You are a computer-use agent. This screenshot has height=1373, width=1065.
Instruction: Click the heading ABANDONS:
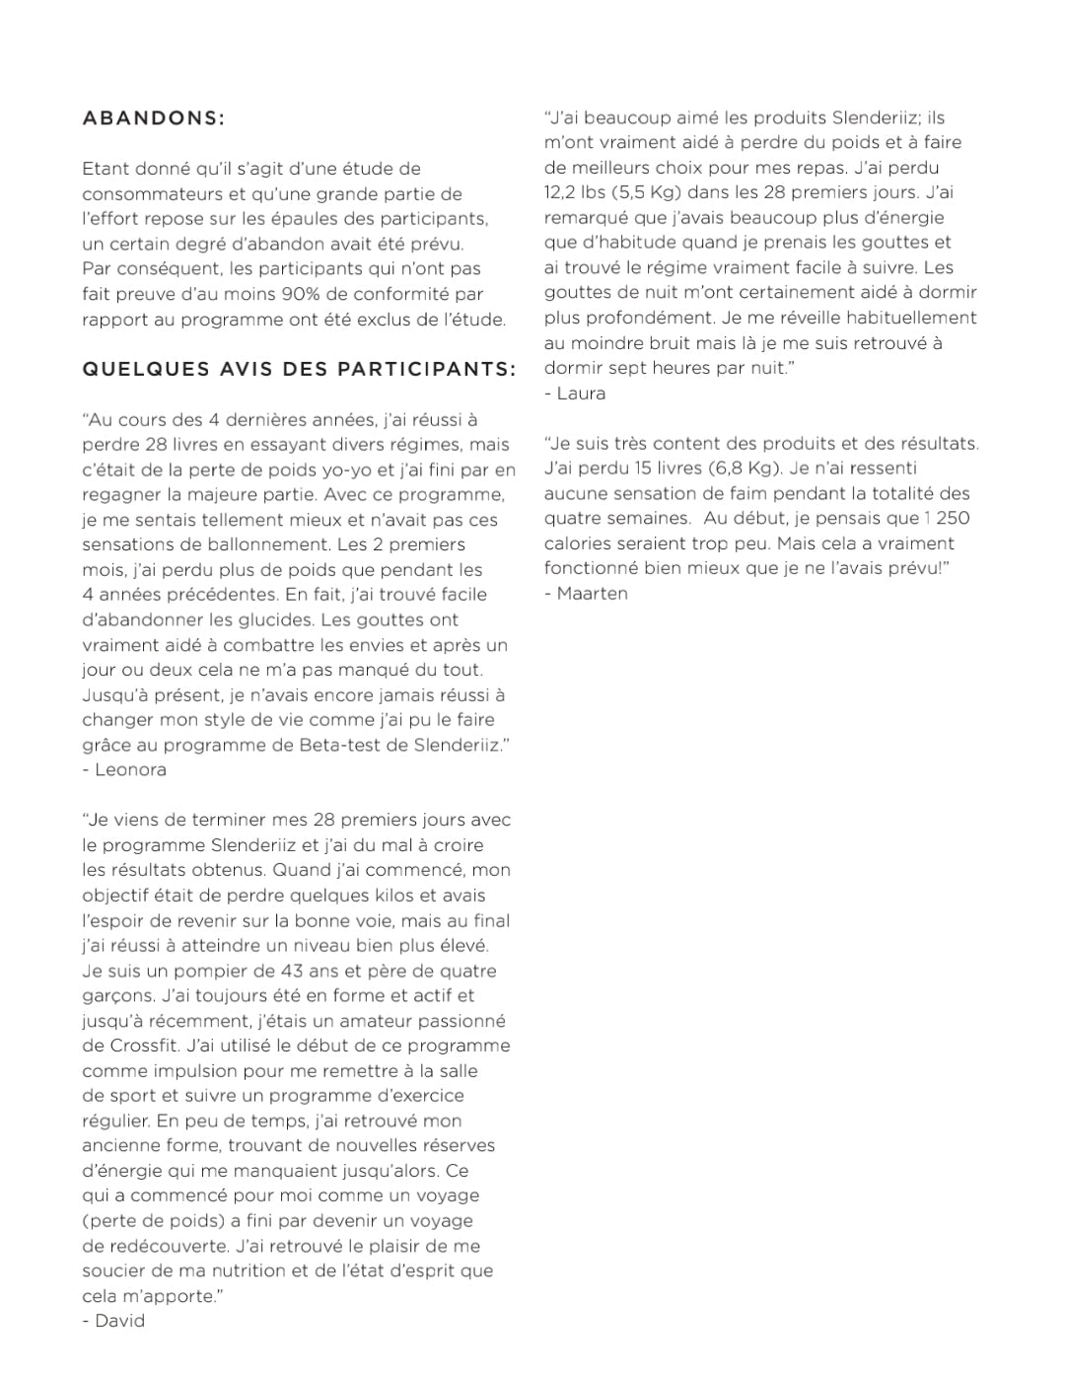pos(153,118)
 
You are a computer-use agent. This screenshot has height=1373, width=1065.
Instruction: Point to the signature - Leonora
pos(124,769)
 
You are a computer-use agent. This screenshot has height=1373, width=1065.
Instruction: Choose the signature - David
pos(113,1321)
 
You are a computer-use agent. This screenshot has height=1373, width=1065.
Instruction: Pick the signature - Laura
pos(575,394)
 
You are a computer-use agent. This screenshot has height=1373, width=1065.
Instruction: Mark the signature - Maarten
pos(586,593)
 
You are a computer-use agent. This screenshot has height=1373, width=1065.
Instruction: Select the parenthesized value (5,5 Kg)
pos(647,193)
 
